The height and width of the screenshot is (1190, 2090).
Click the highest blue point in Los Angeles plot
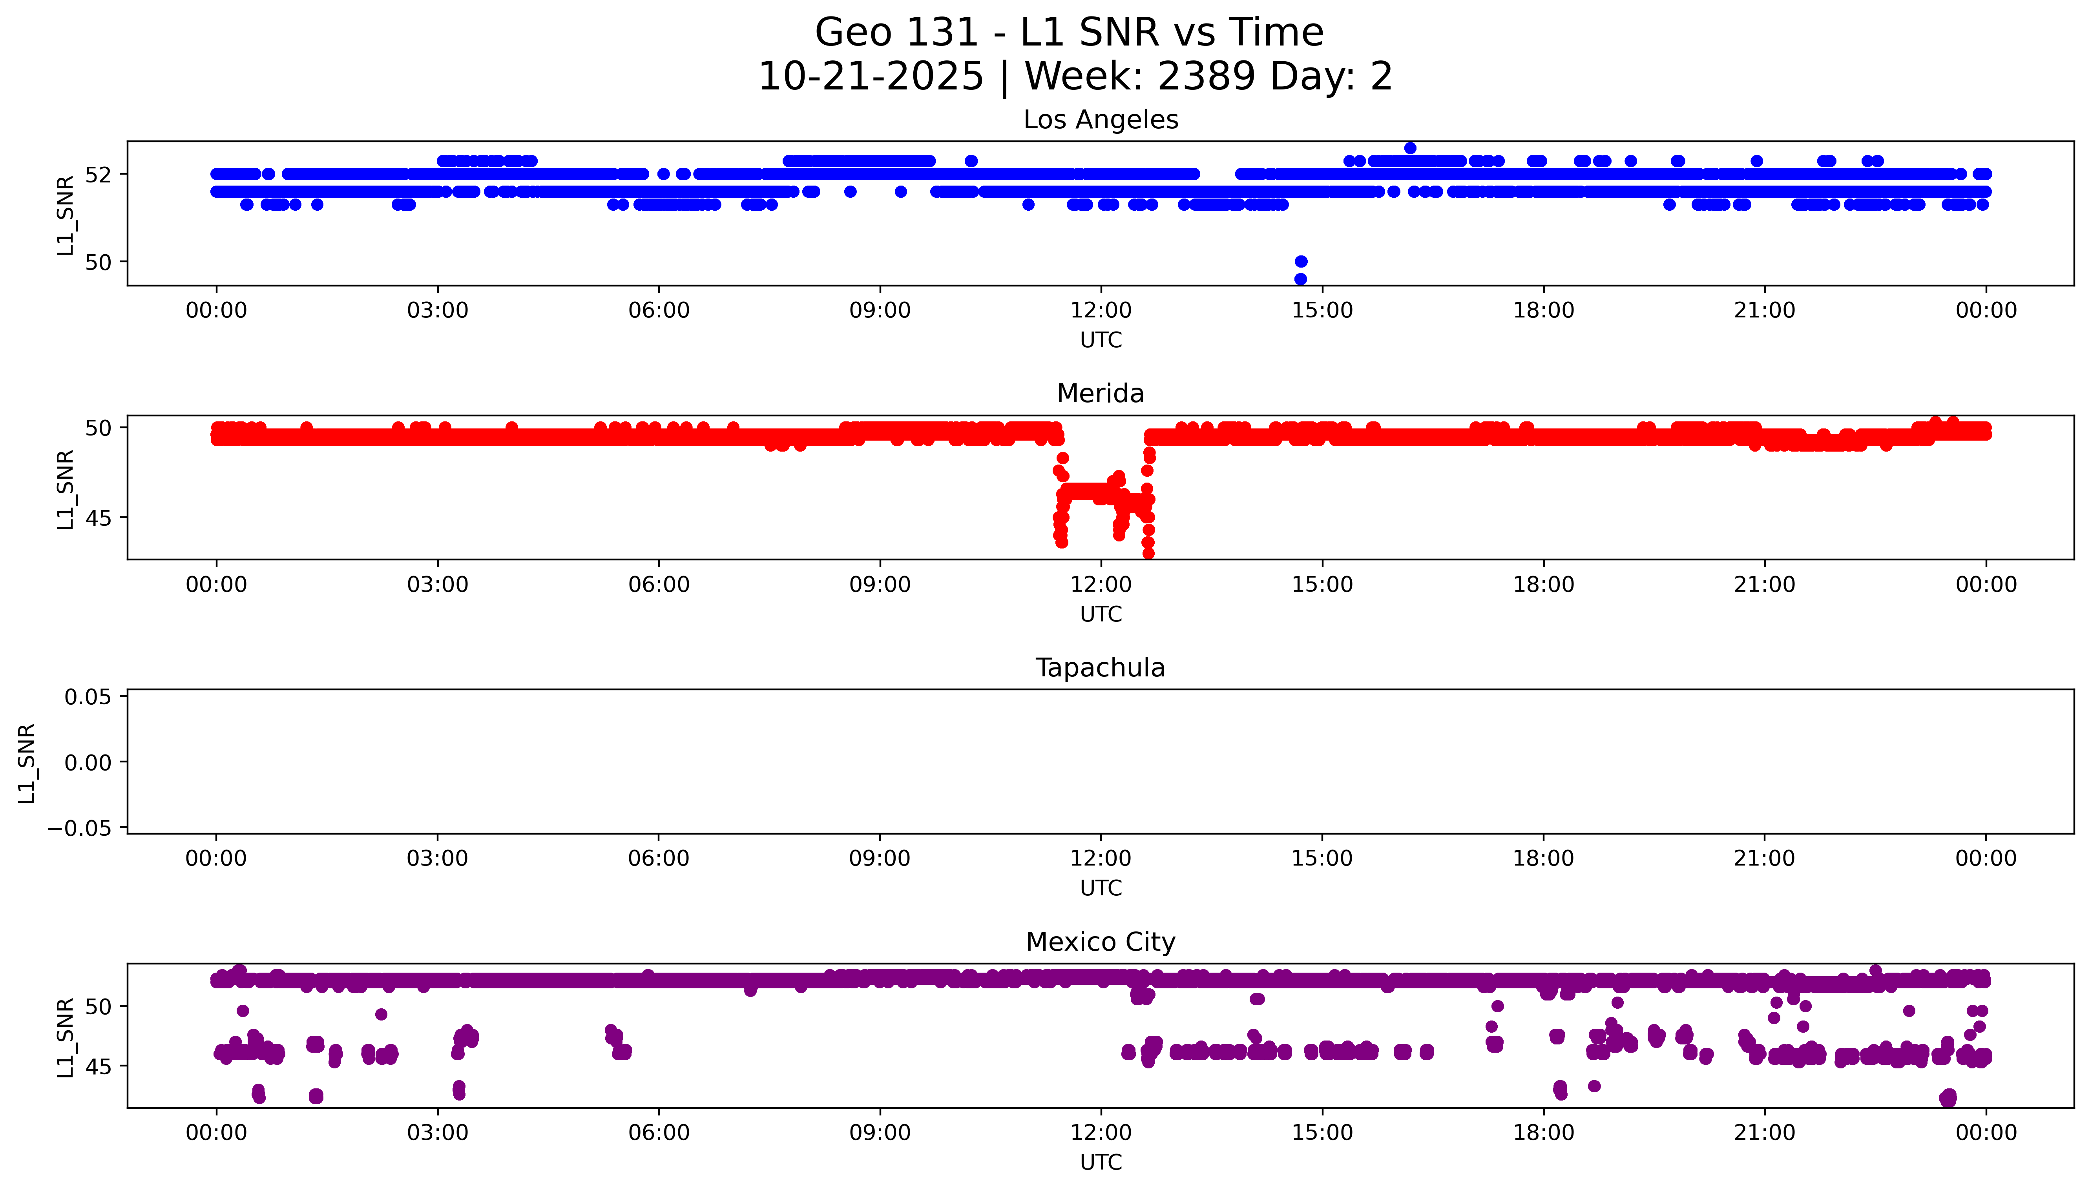tap(1410, 148)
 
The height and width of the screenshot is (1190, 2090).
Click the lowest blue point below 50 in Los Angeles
tap(1300, 279)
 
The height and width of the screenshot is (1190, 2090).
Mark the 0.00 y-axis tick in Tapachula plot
tap(88, 763)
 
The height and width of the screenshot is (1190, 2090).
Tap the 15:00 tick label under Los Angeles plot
tap(1322, 311)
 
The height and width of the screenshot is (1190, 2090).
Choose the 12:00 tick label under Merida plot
tap(1101, 584)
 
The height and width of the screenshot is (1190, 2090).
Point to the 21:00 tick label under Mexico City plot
tap(1765, 1133)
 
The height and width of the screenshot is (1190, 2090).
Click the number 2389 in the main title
tap(1207, 77)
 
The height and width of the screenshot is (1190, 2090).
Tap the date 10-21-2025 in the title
tap(871, 77)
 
